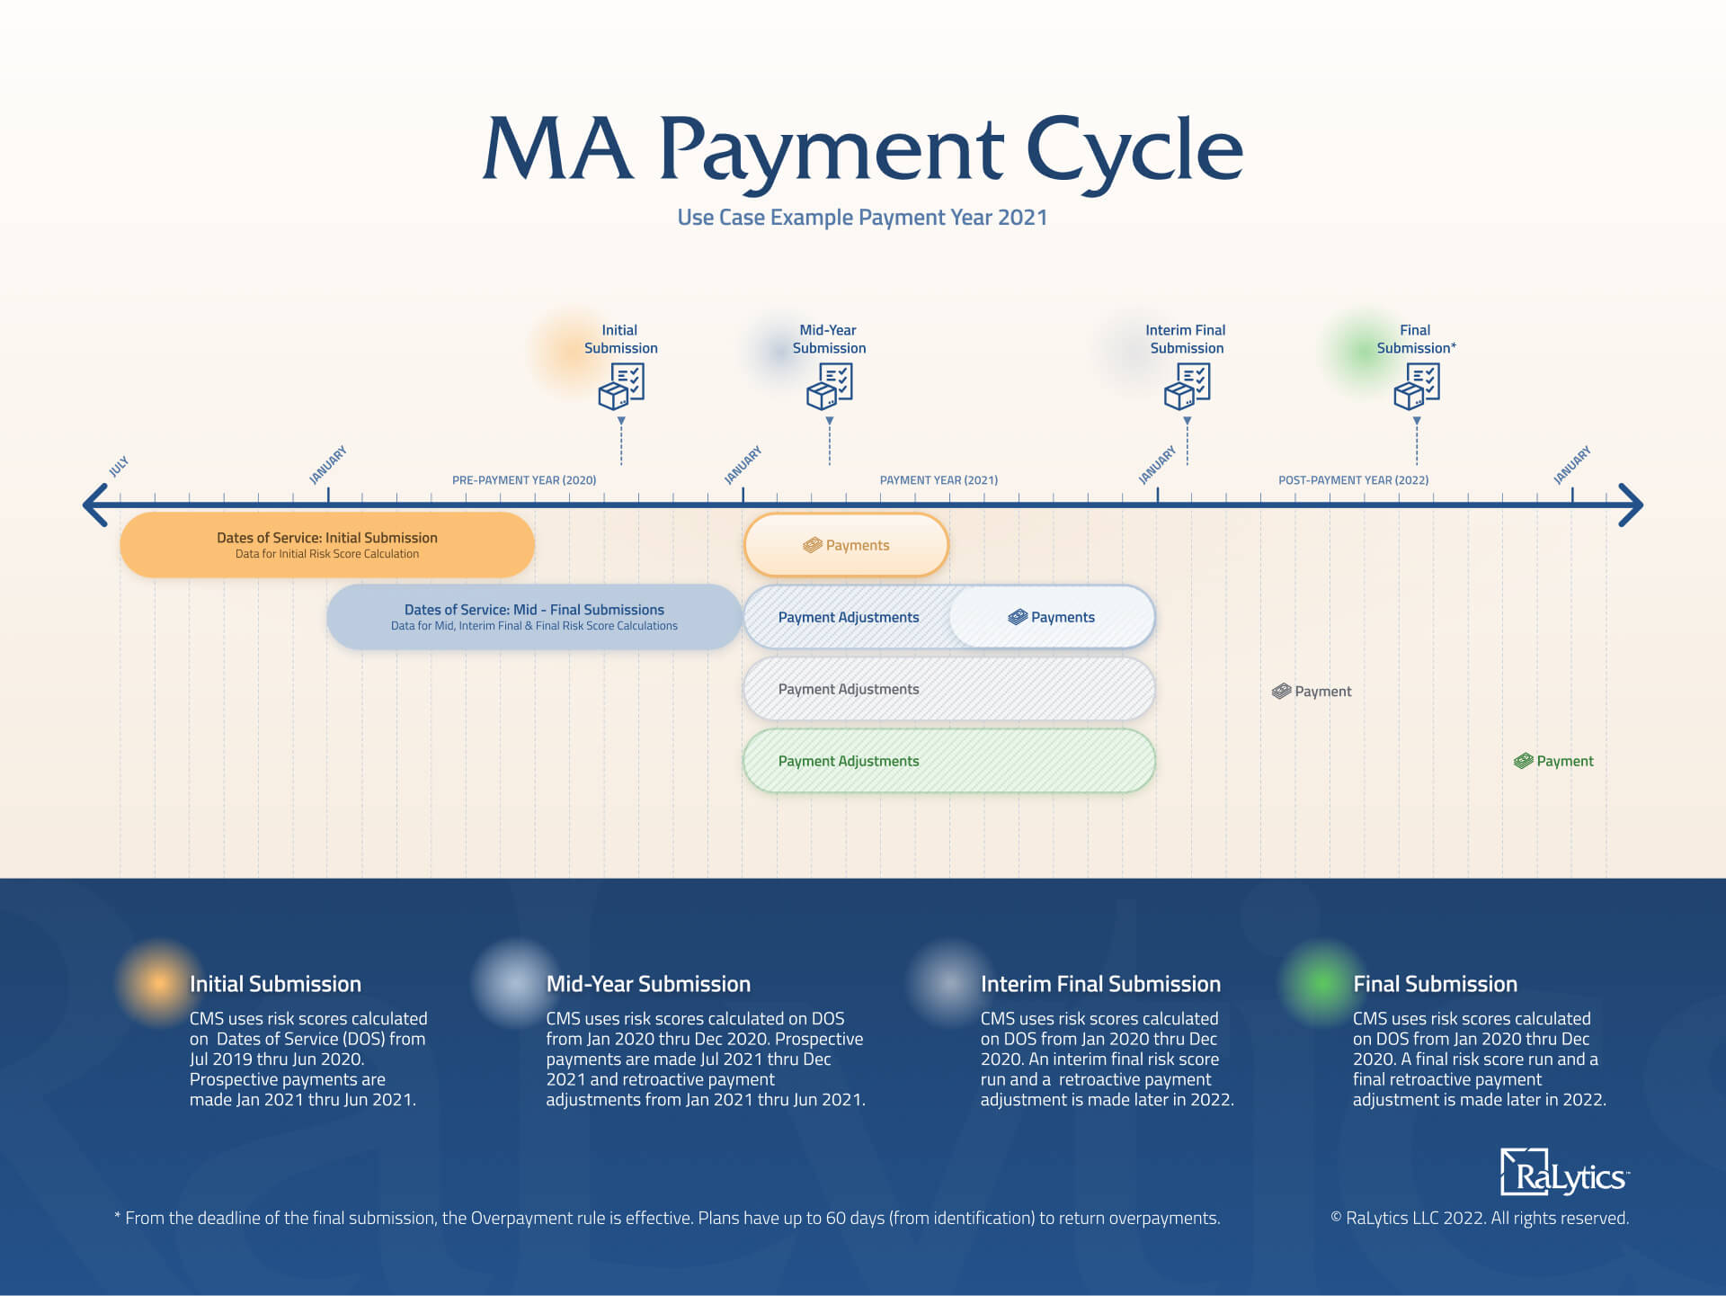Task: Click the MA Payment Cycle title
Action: (x=862, y=150)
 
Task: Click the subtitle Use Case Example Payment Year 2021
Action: (x=862, y=218)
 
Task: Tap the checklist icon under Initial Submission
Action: (x=621, y=386)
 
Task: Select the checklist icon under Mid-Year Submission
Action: (x=829, y=386)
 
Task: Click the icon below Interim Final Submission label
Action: (x=1187, y=386)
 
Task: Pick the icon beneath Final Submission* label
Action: (x=1416, y=386)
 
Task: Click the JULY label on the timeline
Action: (x=119, y=466)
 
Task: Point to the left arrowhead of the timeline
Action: (x=94, y=505)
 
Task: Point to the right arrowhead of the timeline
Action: (x=1632, y=505)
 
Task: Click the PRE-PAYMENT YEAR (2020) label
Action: (x=524, y=480)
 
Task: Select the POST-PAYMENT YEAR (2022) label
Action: (x=1353, y=480)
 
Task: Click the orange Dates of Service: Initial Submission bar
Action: (x=327, y=545)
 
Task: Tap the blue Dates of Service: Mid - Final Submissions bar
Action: (x=534, y=617)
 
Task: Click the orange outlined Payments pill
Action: (x=846, y=545)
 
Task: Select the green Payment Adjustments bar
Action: (x=948, y=761)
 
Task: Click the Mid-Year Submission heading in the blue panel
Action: (x=648, y=984)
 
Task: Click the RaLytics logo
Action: (x=1563, y=1174)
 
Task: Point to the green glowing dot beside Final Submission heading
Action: (x=1320, y=983)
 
